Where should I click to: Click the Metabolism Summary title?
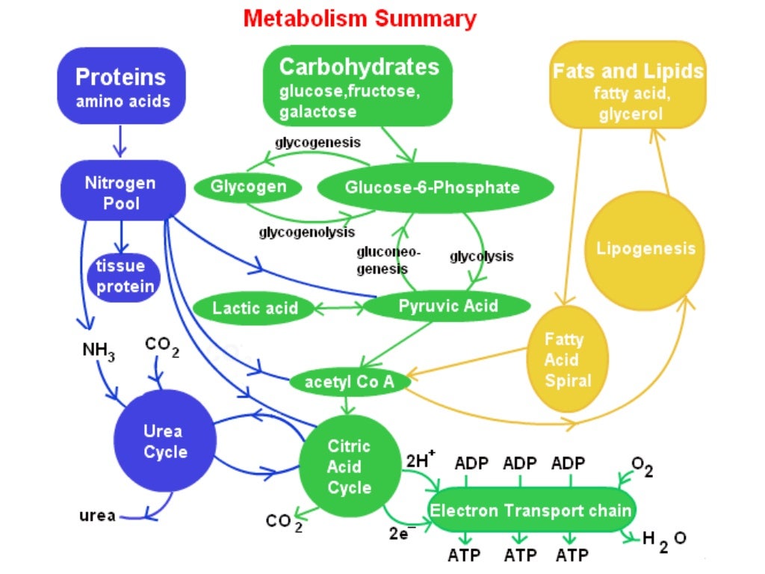coord(359,19)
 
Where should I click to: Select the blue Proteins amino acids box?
coord(122,87)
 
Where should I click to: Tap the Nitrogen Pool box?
coord(122,192)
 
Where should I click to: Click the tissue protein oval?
coord(125,276)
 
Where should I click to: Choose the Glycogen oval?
coord(248,187)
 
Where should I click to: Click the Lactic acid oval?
coord(254,308)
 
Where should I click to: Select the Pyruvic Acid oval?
coord(447,306)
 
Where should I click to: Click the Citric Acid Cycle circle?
coord(349,467)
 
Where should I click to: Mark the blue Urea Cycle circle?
coord(164,441)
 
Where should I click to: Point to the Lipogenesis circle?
coord(645,249)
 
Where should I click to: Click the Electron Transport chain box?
coord(530,511)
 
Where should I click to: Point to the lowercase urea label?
coord(97,516)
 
